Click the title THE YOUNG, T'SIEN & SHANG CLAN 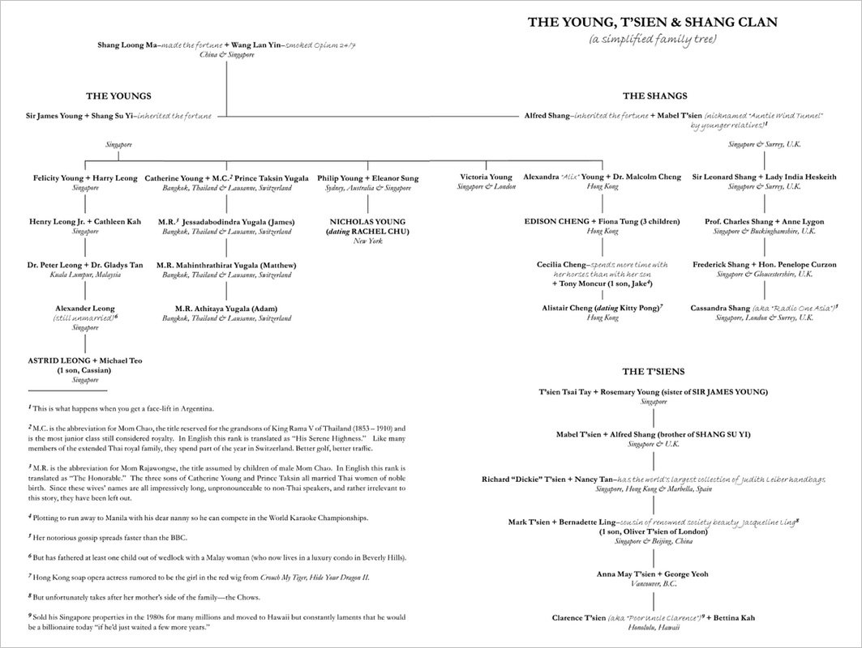pyautogui.click(x=653, y=23)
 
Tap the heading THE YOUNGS pyautogui.click(x=118, y=96)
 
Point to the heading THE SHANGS pyautogui.click(x=655, y=96)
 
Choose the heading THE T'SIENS pyautogui.click(x=654, y=371)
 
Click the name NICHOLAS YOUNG pyautogui.click(x=368, y=221)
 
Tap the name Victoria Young pyautogui.click(x=486, y=177)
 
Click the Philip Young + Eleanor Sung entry pyautogui.click(x=368, y=177)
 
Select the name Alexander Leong pyautogui.click(x=85, y=308)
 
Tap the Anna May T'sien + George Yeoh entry pyautogui.click(x=653, y=574)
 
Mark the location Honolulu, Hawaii pyautogui.click(x=653, y=628)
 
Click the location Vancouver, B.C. pyautogui.click(x=653, y=584)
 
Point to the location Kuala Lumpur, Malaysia pyautogui.click(x=85, y=275)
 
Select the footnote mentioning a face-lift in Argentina pyautogui.click(x=122, y=407)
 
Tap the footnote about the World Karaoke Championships pyautogui.click(x=199, y=517)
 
